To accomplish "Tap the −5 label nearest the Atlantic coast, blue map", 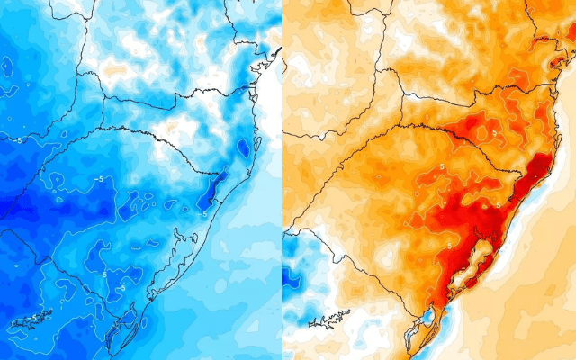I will coord(204,213).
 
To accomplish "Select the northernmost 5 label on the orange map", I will coord(493,132).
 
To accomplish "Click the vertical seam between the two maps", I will coord(282,180).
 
